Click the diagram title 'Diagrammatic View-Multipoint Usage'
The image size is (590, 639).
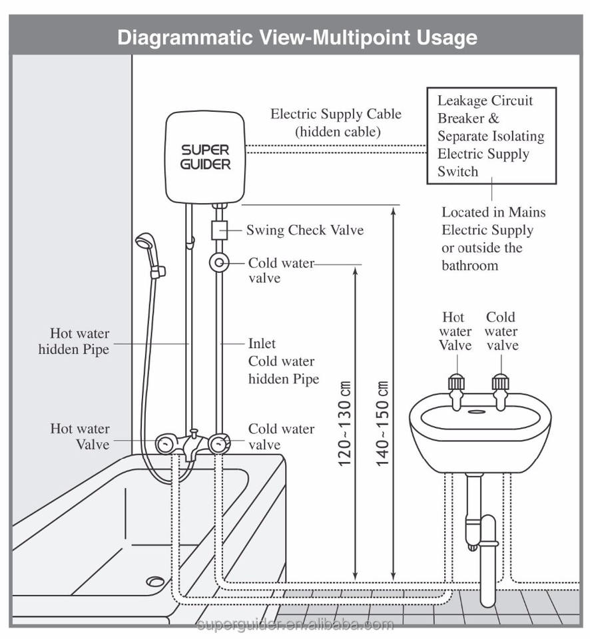pyautogui.click(x=297, y=37)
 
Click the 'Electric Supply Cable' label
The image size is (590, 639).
pyautogui.click(x=336, y=114)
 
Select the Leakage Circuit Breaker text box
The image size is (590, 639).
pyautogui.click(x=491, y=136)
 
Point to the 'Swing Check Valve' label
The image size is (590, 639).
pyautogui.click(x=305, y=230)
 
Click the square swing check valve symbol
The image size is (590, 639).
pyautogui.click(x=218, y=230)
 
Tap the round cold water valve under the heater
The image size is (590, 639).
pyautogui.click(x=218, y=264)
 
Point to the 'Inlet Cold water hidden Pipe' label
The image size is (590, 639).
pyautogui.click(x=283, y=361)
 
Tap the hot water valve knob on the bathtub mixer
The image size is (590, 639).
pyautogui.click(x=165, y=442)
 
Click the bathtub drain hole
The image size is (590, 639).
pyautogui.click(x=154, y=581)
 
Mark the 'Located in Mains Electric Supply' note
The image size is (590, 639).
pyautogui.click(x=493, y=239)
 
